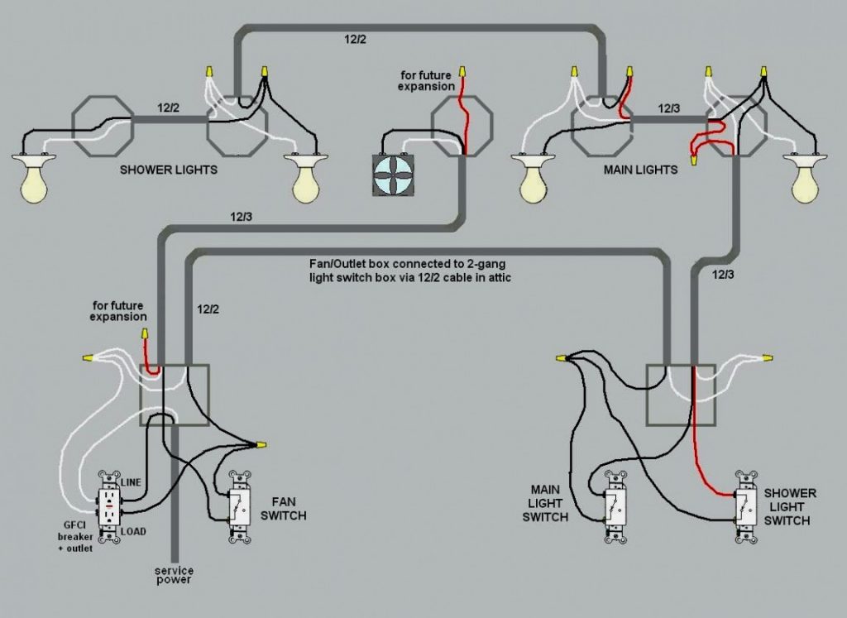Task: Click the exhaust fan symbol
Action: click(x=393, y=175)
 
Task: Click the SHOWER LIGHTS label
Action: click(x=169, y=170)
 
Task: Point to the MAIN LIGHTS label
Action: click(x=641, y=170)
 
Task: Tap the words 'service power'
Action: click(x=173, y=575)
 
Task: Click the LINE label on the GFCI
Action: click(x=132, y=481)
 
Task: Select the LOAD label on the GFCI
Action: click(x=132, y=531)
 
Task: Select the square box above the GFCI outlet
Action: click(x=175, y=395)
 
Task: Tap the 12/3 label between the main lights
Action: click(x=669, y=108)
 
